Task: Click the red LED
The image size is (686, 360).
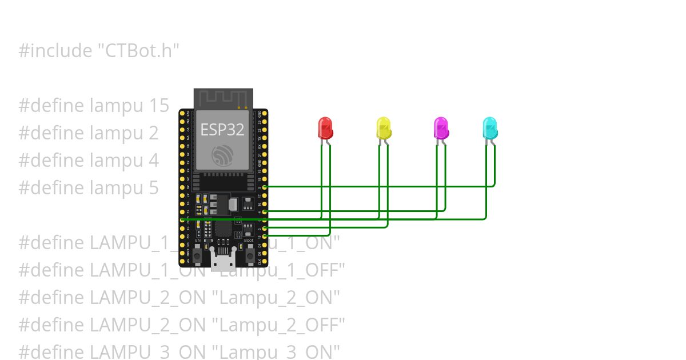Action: click(x=325, y=128)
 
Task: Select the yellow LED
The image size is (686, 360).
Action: click(x=384, y=128)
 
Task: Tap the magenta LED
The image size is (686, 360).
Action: click(x=441, y=128)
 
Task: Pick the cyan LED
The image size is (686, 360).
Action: click(x=490, y=128)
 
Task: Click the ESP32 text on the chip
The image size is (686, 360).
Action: click(x=222, y=130)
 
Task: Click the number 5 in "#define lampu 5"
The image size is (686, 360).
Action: click(x=154, y=188)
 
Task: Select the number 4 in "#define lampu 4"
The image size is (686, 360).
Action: click(x=154, y=161)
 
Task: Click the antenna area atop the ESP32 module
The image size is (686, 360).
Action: click(x=223, y=98)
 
